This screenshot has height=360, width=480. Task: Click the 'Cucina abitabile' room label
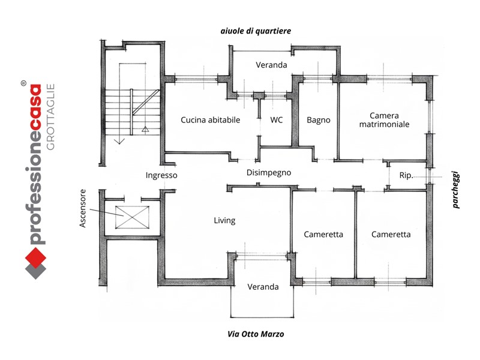click(210, 120)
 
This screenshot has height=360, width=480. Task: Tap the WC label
click(276, 120)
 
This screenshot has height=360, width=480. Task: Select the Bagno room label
click(319, 120)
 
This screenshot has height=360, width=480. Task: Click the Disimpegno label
click(268, 173)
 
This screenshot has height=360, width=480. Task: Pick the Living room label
click(224, 221)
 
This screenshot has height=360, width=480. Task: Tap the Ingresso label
click(161, 175)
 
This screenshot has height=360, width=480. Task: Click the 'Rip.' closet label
click(406, 176)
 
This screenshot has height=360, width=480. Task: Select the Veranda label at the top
click(271, 65)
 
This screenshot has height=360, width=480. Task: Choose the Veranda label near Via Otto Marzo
click(263, 287)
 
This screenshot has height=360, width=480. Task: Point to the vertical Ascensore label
click(85, 210)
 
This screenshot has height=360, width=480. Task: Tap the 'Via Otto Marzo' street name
click(256, 334)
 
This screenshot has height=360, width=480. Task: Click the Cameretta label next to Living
click(323, 235)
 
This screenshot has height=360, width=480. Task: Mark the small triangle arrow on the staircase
click(145, 128)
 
